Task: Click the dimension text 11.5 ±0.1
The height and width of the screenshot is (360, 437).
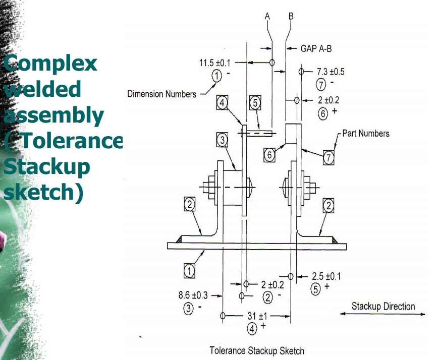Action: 215,63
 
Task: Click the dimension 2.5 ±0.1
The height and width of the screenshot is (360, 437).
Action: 326,276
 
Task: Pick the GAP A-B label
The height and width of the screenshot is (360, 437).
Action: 315,48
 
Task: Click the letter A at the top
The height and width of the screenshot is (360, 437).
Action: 268,16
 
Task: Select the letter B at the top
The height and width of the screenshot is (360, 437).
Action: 291,16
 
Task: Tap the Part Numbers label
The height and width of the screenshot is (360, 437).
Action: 366,134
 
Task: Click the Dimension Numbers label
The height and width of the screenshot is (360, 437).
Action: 162,94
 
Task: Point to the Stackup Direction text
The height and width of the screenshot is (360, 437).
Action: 384,306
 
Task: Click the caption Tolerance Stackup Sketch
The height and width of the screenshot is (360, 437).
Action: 257,350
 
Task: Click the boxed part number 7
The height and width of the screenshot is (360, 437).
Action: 329,158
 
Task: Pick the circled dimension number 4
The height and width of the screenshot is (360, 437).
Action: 251,328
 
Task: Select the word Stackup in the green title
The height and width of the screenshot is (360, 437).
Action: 46,168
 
